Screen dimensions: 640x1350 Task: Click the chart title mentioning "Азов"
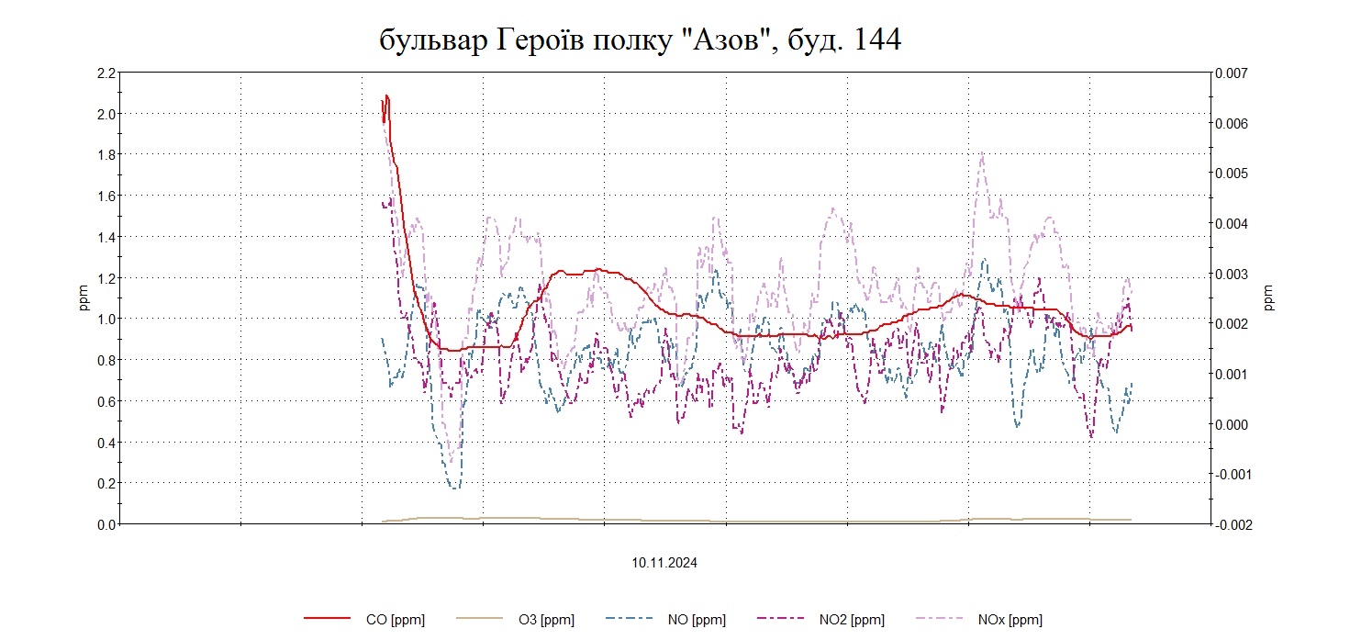tap(640, 39)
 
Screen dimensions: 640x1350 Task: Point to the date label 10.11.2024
tap(664, 563)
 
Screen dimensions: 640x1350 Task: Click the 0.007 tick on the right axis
tap(1234, 73)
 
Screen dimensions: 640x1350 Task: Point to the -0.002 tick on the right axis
tap(1233, 524)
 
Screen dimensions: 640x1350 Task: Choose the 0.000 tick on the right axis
tap(1234, 424)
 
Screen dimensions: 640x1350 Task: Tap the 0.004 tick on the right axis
tap(1234, 223)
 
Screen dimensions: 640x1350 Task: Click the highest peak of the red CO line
tap(387, 95)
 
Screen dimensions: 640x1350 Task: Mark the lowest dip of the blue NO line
tap(454, 488)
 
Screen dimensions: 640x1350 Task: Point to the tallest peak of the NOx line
tap(982, 154)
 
